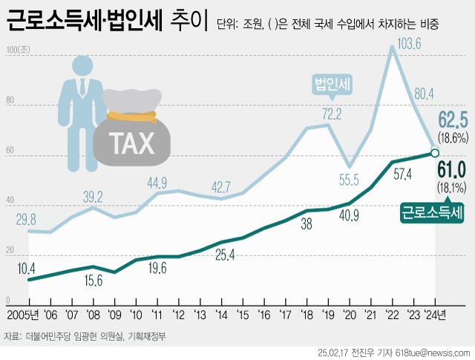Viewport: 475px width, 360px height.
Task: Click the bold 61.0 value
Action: click(451, 170)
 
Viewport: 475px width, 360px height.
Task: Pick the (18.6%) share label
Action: click(452, 138)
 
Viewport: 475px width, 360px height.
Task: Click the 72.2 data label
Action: click(331, 114)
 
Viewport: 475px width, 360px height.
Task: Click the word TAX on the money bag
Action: click(133, 143)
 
